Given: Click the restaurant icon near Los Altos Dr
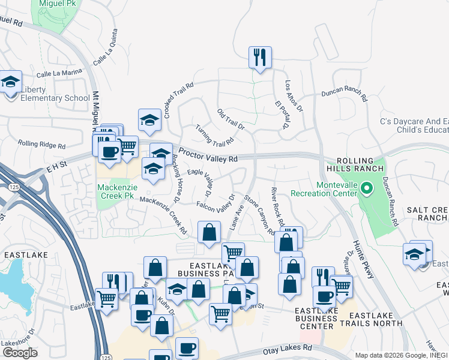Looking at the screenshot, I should (260, 58).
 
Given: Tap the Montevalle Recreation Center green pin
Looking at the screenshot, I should (367, 190).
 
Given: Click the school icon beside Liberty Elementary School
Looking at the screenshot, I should (10, 82).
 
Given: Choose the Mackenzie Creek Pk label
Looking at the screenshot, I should (116, 191).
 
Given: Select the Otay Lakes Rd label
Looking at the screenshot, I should (288, 349).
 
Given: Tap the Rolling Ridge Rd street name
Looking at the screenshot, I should (41, 144).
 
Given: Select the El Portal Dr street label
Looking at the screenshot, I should (282, 115).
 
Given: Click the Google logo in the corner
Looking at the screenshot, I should (20, 352).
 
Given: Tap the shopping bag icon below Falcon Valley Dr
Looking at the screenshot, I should (208, 233).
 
